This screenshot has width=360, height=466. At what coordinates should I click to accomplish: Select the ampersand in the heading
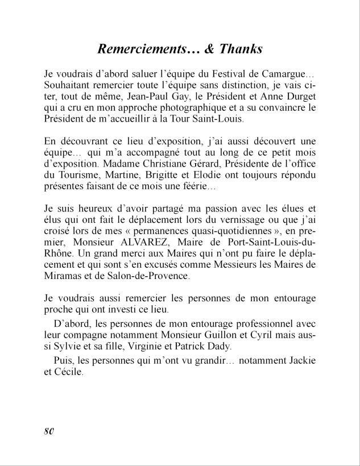pos(208,49)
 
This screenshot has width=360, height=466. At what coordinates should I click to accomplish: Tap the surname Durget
pos(297,97)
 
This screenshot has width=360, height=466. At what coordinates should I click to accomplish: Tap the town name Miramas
pos(67,275)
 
